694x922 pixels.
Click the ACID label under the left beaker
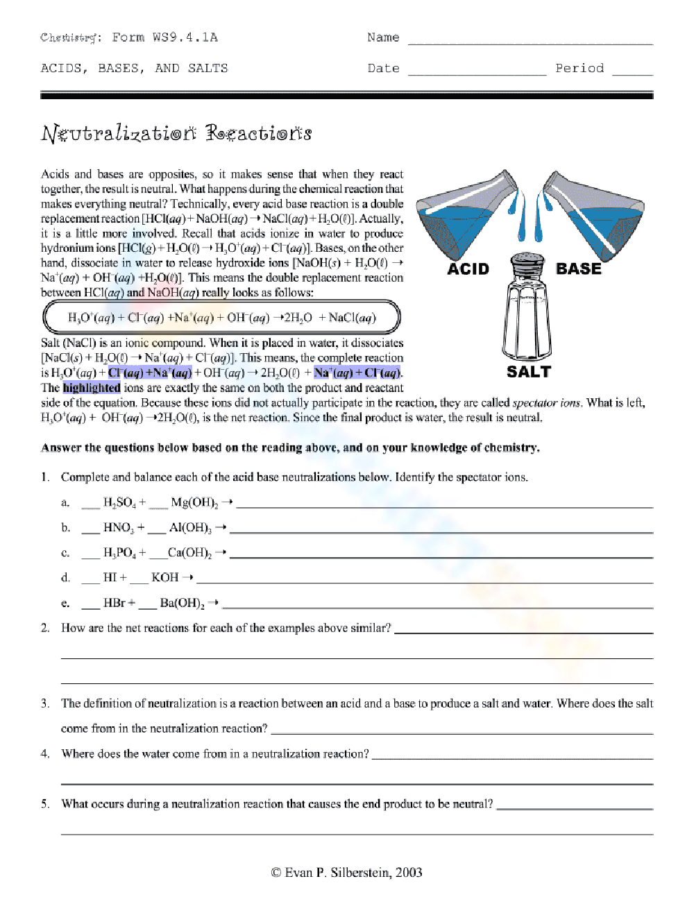(468, 269)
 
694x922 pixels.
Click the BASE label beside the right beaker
(579, 268)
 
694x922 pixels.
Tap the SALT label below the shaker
(528, 372)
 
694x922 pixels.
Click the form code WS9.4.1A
(185, 37)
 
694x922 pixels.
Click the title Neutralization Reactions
(176, 133)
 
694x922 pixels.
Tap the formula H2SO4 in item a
(119, 502)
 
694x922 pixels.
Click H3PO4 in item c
(119, 553)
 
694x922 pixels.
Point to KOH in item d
(164, 577)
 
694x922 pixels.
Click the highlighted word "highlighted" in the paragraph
(92, 388)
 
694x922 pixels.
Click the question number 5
(45, 803)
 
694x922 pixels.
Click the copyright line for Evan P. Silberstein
(346, 872)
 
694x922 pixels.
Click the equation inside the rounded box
(222, 318)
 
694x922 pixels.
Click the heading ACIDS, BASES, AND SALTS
(135, 68)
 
